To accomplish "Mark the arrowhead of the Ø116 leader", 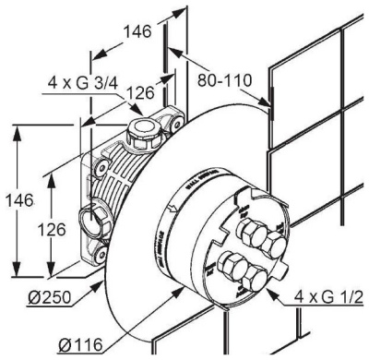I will tap(181, 288).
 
